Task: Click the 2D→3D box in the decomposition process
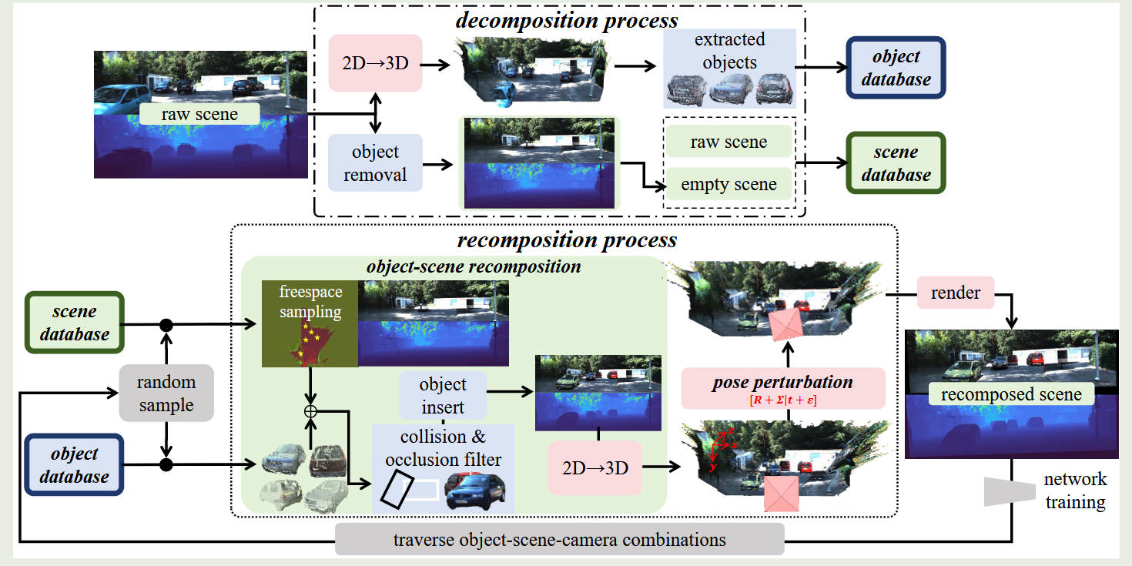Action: coord(375,63)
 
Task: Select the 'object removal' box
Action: coord(375,162)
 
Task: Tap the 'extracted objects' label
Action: coord(729,50)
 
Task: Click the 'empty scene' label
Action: coord(728,185)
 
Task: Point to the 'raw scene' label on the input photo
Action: coord(199,115)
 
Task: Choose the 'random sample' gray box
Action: coord(166,393)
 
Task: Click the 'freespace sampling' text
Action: coord(310,303)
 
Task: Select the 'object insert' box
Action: coord(443,395)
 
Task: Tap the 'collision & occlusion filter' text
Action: coord(443,448)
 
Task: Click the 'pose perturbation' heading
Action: coord(782,382)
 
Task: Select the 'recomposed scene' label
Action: coord(1011,394)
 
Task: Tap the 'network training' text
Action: coord(1075,491)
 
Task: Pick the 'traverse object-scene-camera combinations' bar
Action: coord(560,539)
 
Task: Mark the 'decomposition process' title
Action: coord(566,20)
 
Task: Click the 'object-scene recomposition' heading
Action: coord(474,267)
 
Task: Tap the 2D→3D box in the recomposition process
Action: coord(594,467)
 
